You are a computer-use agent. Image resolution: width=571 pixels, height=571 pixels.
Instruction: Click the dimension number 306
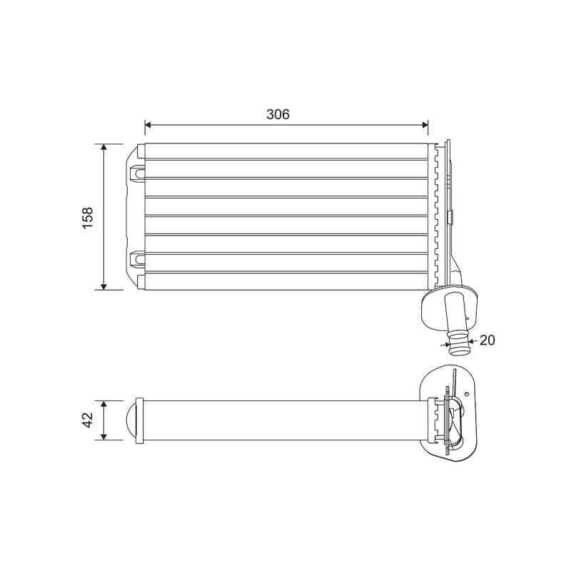(x=278, y=114)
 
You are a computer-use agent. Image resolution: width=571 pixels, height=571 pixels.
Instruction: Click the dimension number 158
(x=88, y=218)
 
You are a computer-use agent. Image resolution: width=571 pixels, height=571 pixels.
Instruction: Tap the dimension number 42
(x=88, y=420)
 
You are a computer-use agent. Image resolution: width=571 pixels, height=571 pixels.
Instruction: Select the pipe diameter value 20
(x=487, y=340)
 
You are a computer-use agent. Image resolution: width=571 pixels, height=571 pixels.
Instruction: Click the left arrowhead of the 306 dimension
(x=148, y=125)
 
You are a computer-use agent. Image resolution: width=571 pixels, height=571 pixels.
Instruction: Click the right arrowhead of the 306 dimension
(x=425, y=125)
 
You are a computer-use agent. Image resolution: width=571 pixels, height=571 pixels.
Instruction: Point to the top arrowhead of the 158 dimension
(x=104, y=147)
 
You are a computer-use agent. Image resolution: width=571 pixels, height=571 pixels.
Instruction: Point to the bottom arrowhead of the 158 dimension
(x=104, y=287)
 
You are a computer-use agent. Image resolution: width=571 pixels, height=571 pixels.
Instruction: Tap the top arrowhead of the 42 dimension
(x=104, y=404)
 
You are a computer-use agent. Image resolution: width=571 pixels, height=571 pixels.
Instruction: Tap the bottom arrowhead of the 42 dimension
(x=104, y=437)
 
